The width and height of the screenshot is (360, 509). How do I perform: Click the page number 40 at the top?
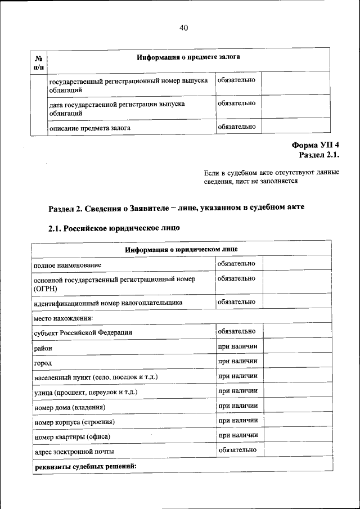(183, 28)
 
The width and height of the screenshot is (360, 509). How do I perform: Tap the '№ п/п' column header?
(39, 62)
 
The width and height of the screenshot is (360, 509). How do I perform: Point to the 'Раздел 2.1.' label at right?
(319, 155)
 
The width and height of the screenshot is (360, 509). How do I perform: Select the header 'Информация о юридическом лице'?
(181, 249)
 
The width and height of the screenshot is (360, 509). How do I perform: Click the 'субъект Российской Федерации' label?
(83, 332)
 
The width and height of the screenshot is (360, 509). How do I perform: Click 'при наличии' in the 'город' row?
(238, 361)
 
